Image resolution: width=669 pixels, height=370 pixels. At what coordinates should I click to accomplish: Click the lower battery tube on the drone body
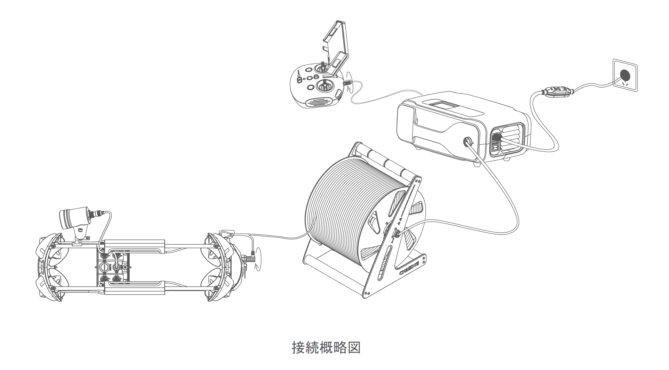point(135,288)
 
